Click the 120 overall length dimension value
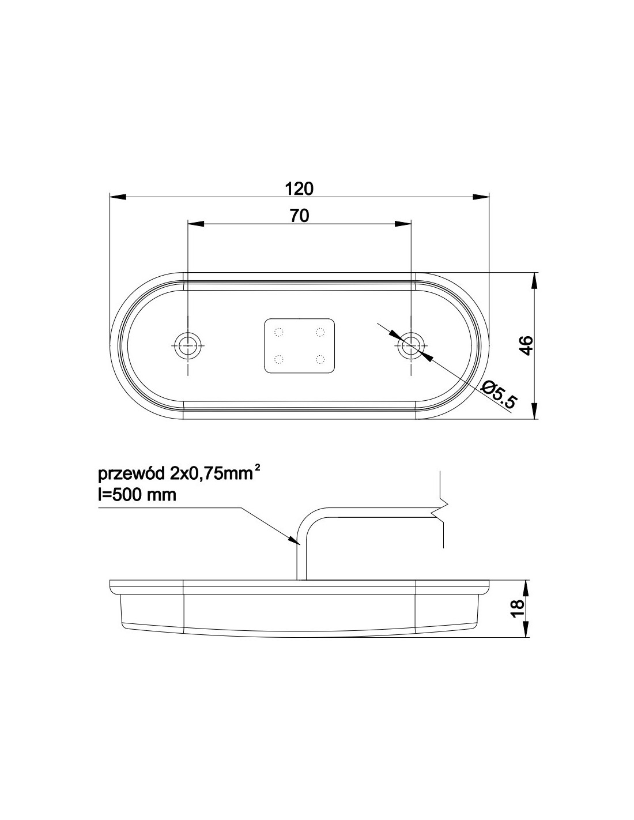299,189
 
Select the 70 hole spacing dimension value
300,216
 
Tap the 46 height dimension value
527,345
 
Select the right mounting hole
411,345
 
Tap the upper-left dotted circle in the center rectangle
279,332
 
